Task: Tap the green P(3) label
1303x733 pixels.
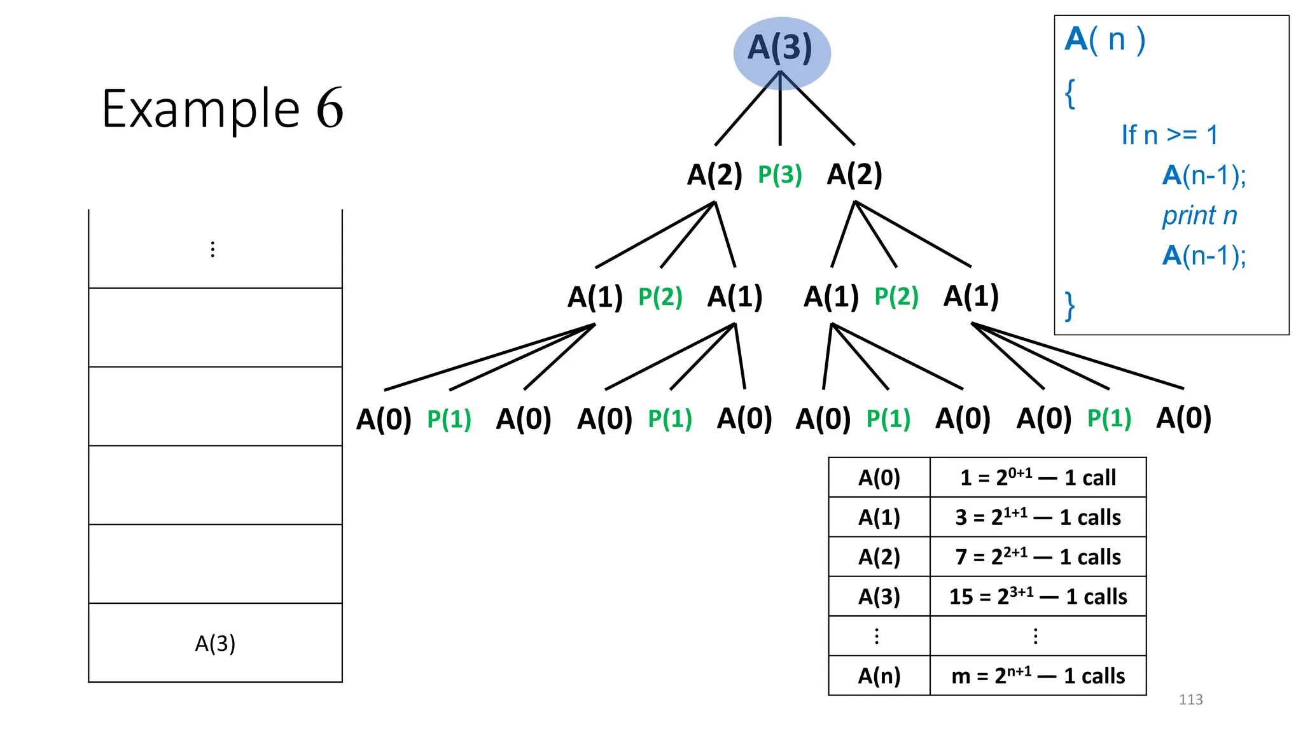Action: pos(780,174)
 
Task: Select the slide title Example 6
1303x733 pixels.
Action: pos(223,109)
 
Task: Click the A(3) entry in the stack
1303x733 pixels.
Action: pos(215,643)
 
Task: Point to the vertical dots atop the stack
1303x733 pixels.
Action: pos(213,249)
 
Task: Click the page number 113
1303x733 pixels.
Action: pos(1190,700)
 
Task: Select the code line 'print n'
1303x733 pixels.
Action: pos(1199,216)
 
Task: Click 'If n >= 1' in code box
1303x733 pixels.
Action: pos(1169,135)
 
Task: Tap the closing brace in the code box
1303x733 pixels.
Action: pos(1070,306)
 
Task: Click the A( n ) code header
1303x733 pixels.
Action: pos(1105,40)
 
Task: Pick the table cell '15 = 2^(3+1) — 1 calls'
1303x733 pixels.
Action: pos(1038,597)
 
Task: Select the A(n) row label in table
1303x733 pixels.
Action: pos(879,676)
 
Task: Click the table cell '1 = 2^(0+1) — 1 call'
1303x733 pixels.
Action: pos(1038,478)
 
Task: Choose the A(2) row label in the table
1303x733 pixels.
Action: pos(879,557)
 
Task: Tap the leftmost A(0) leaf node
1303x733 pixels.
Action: pos(384,419)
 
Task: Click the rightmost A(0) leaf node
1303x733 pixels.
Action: pos(1183,419)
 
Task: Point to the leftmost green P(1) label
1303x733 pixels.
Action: pos(449,419)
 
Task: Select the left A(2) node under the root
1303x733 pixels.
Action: pos(714,174)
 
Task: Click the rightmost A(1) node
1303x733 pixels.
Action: pos(971,297)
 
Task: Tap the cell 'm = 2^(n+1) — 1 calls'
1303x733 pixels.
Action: pos(1038,676)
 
